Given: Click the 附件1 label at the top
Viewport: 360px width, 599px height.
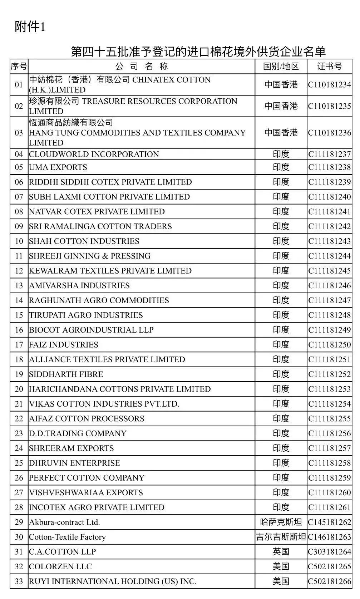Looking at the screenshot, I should [x=30, y=27].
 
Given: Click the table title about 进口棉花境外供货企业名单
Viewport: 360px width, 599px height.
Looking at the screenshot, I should [x=198, y=51].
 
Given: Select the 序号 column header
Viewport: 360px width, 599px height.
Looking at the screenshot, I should [x=19, y=67].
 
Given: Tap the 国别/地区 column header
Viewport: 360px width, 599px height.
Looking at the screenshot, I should [x=281, y=67].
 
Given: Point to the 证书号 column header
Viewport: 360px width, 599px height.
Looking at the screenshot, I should [x=329, y=67].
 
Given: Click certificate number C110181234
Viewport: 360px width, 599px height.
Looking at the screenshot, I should [x=330, y=85].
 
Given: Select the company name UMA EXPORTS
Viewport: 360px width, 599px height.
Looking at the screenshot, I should [x=58, y=167].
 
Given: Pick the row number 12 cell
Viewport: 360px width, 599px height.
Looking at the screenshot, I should [x=19, y=271].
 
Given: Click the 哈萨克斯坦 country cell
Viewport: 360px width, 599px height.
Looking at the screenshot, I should [x=281, y=522].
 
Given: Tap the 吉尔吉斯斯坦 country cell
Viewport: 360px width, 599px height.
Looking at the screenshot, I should [x=281, y=537].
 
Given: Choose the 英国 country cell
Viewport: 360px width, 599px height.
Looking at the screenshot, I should [x=281, y=552].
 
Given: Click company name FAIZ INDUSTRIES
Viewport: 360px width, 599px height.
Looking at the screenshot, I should [x=64, y=345].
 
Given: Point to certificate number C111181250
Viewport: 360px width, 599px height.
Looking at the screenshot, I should [x=330, y=345].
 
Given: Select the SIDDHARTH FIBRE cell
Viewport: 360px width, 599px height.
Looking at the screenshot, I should [x=66, y=374].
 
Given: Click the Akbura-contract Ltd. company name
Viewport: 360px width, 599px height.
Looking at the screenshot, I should [x=64, y=522].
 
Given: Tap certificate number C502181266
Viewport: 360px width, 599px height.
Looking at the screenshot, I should [x=330, y=581].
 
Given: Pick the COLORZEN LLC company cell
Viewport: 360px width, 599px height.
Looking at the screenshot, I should [x=60, y=566].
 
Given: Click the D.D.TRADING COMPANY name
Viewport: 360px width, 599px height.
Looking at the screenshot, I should [x=78, y=433].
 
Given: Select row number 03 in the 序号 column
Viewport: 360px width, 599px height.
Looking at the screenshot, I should [x=19, y=133].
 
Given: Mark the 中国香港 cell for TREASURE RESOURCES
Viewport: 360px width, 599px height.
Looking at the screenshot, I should [x=281, y=106].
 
